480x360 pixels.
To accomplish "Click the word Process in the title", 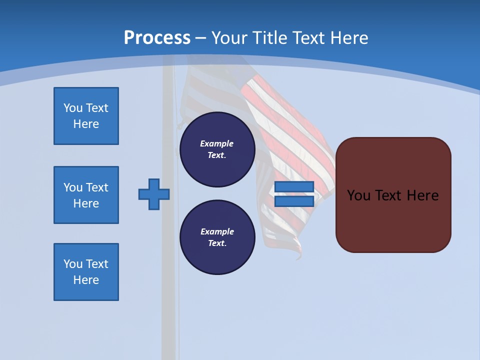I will tap(157, 38).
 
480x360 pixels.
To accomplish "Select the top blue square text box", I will tap(86, 116).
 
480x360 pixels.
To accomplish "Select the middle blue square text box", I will tap(86, 195).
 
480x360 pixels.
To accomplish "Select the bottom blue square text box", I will tap(86, 272).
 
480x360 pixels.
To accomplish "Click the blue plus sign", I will tap(154, 194).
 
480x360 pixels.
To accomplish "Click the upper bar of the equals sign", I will tap(294, 187).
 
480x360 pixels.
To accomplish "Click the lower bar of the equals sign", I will tap(294, 201).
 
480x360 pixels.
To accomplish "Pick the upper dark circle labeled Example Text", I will tap(217, 149).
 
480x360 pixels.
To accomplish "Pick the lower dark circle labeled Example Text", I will tap(217, 237).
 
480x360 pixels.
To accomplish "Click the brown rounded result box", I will tap(393, 220).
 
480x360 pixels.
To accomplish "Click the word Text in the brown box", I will tap(389, 195).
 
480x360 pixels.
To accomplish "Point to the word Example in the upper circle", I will tap(216, 143).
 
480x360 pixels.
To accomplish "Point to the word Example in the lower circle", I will tap(217, 231).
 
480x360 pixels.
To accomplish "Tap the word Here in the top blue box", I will tap(86, 124).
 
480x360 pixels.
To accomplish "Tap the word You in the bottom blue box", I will tap(73, 264).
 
